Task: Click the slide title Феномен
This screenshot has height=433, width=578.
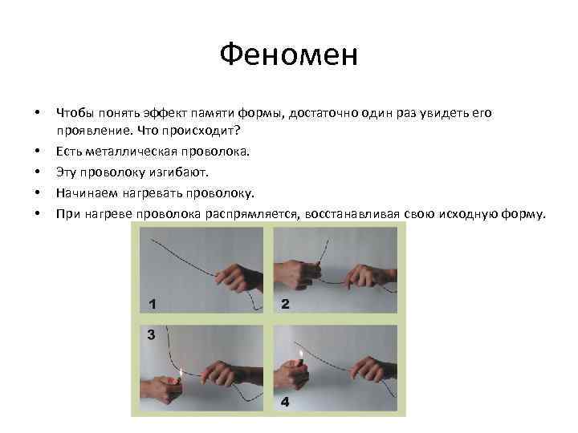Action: click(x=288, y=56)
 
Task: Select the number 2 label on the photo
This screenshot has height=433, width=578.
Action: click(x=286, y=304)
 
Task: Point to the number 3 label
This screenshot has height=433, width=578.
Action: click(x=150, y=335)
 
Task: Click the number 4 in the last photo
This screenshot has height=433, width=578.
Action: click(x=286, y=401)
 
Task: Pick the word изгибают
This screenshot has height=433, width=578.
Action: click(x=181, y=172)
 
